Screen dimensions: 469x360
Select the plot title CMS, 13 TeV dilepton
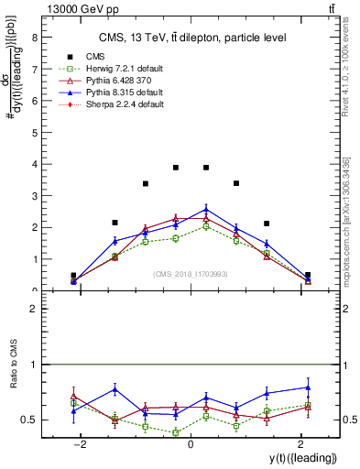click(191, 38)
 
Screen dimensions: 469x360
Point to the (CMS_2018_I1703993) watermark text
click(191, 273)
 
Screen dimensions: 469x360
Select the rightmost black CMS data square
click(308, 275)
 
